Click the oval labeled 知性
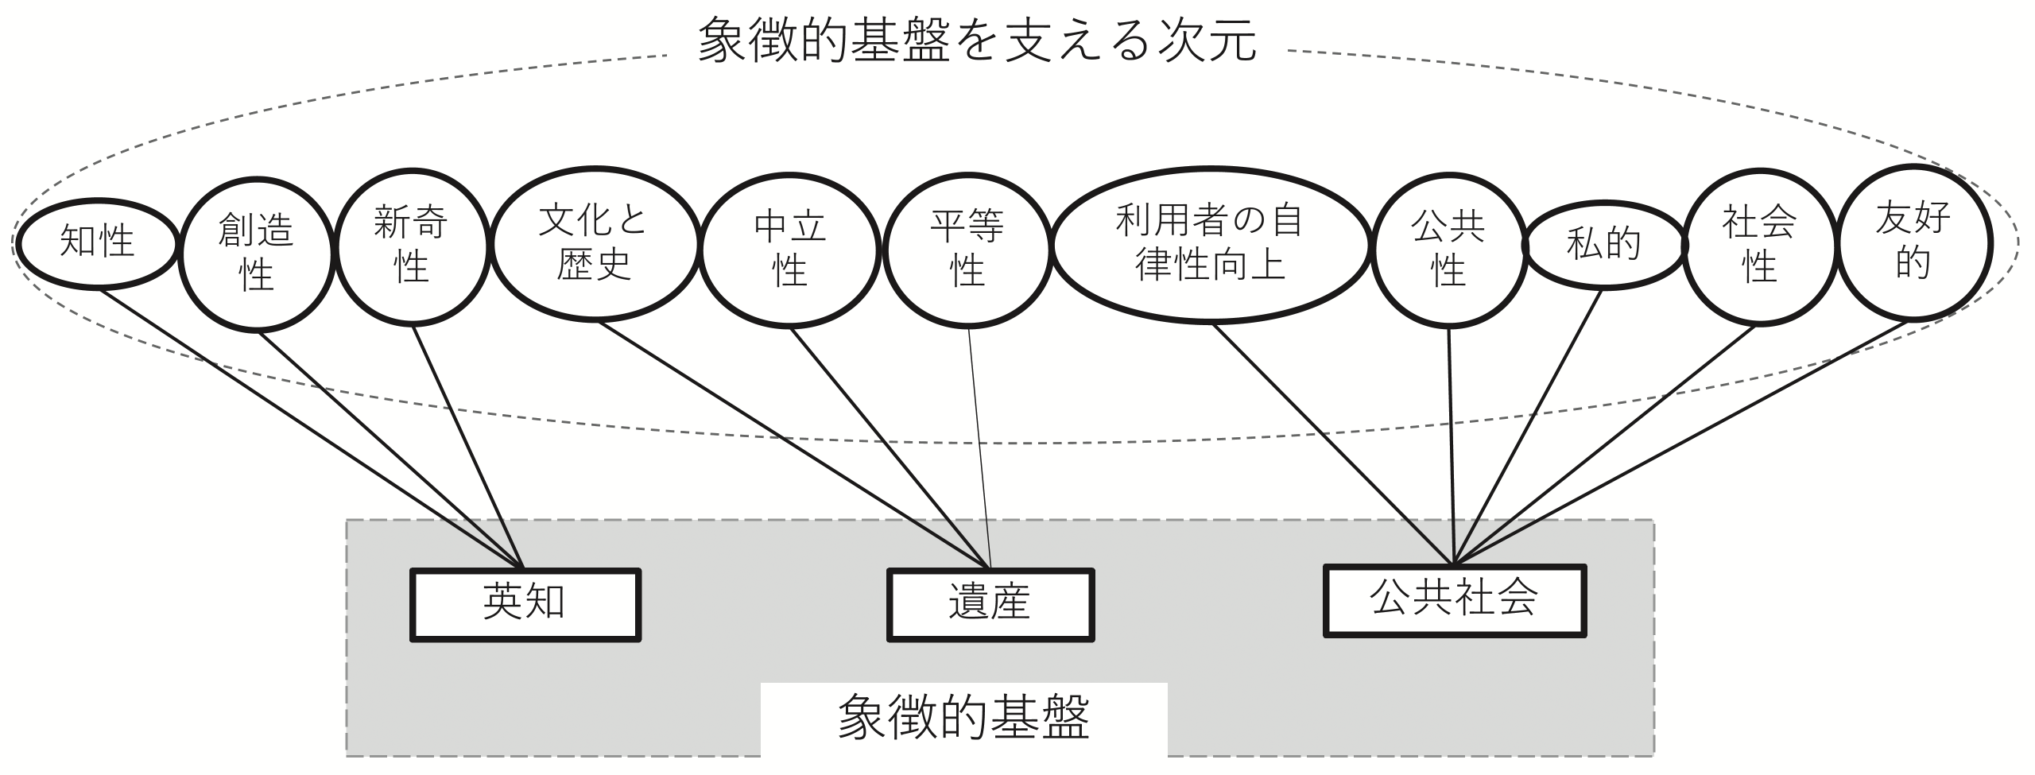[x=97, y=243]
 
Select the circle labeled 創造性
[x=256, y=254]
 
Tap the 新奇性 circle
[x=411, y=246]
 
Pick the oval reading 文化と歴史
[x=595, y=243]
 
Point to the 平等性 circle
[x=967, y=249]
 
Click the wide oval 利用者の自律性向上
[x=1210, y=244]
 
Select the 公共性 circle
[x=1448, y=249]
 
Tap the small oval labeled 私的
[x=1603, y=244]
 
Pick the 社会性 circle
[x=1759, y=246]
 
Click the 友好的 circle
[x=1913, y=242]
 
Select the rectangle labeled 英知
[x=525, y=604]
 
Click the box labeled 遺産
[x=990, y=604]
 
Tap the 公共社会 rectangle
[x=1454, y=601]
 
